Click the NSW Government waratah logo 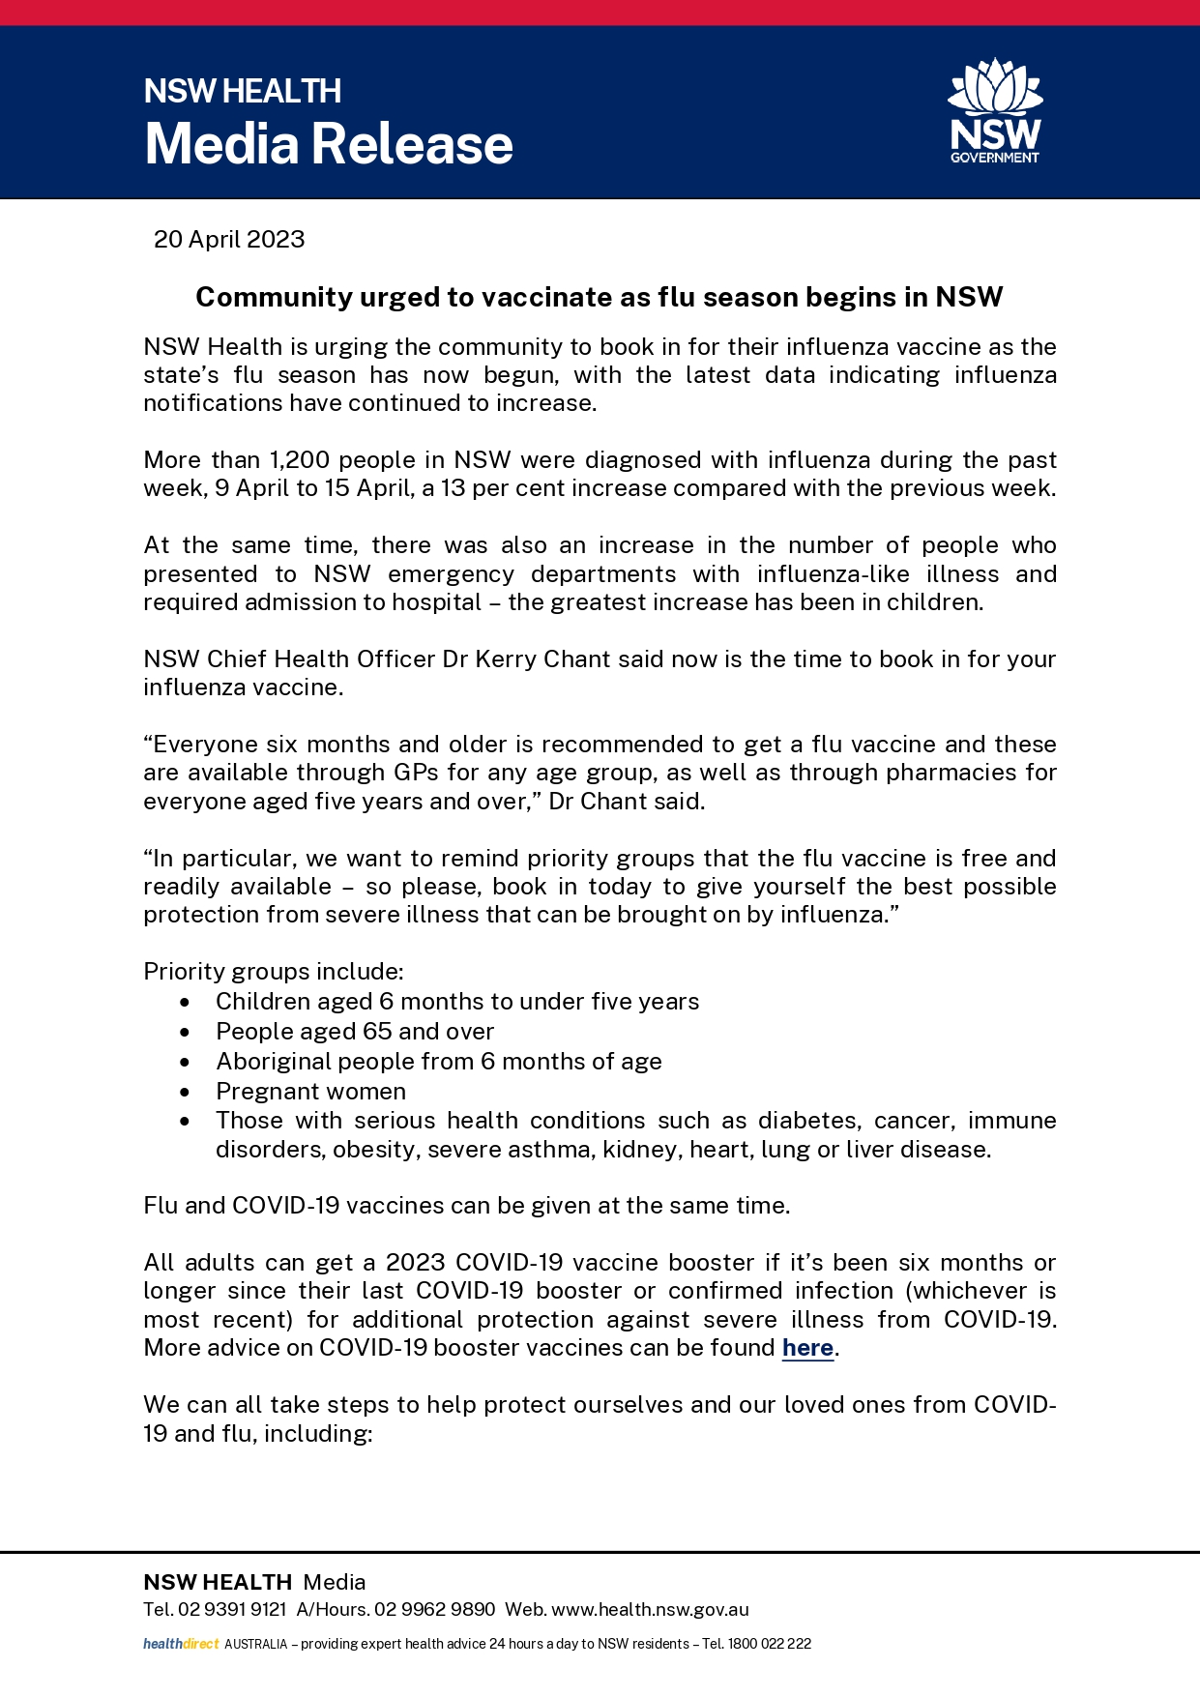[x=995, y=110]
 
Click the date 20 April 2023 [x=229, y=239]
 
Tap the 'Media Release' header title [x=329, y=144]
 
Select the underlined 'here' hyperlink [x=807, y=1347]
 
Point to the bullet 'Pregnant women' [x=310, y=1091]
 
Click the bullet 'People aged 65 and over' [x=355, y=1031]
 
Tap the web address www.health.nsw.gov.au [x=650, y=1609]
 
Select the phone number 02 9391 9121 [x=232, y=1609]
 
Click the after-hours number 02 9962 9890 [x=434, y=1609]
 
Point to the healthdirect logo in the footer [x=182, y=1643]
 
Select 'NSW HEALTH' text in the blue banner [x=242, y=91]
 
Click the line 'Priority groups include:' [x=274, y=971]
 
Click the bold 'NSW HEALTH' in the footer [x=218, y=1581]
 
